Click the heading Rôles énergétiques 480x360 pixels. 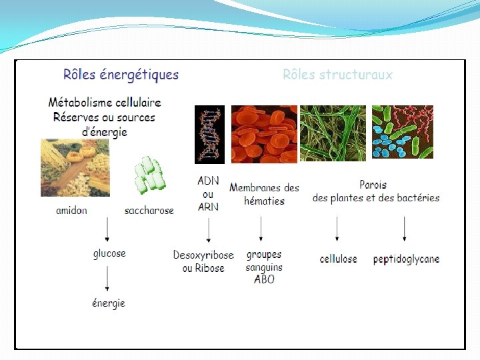click(x=121, y=74)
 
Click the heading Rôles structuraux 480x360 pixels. click(x=337, y=75)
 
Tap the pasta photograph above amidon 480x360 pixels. click(x=75, y=167)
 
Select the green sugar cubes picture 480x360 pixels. click(x=149, y=175)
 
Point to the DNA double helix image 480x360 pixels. click(x=209, y=134)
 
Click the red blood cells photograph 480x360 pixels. click(x=264, y=133)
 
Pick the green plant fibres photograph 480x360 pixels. click(x=333, y=133)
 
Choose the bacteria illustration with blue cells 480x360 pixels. click(x=402, y=132)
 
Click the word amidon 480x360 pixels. click(x=71, y=211)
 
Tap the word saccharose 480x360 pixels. click(x=149, y=211)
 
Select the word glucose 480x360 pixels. click(x=109, y=253)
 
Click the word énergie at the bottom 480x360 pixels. click(x=109, y=303)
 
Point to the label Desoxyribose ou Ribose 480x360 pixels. click(x=203, y=261)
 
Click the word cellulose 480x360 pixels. click(x=338, y=259)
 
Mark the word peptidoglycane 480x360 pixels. click(x=406, y=259)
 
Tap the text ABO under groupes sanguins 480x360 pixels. click(x=264, y=279)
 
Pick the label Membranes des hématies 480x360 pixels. click(x=264, y=194)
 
